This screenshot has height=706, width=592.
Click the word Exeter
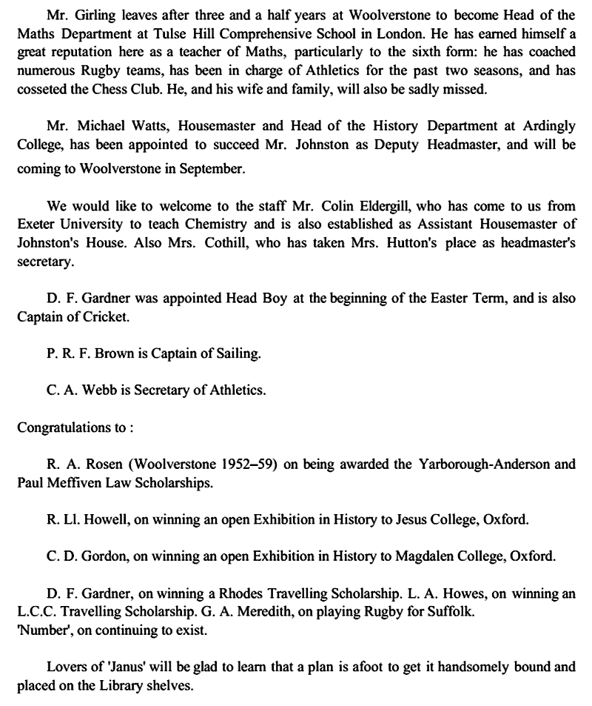[35, 224]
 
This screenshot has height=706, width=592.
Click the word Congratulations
[60, 427]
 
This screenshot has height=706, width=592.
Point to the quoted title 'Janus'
[109, 666]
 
